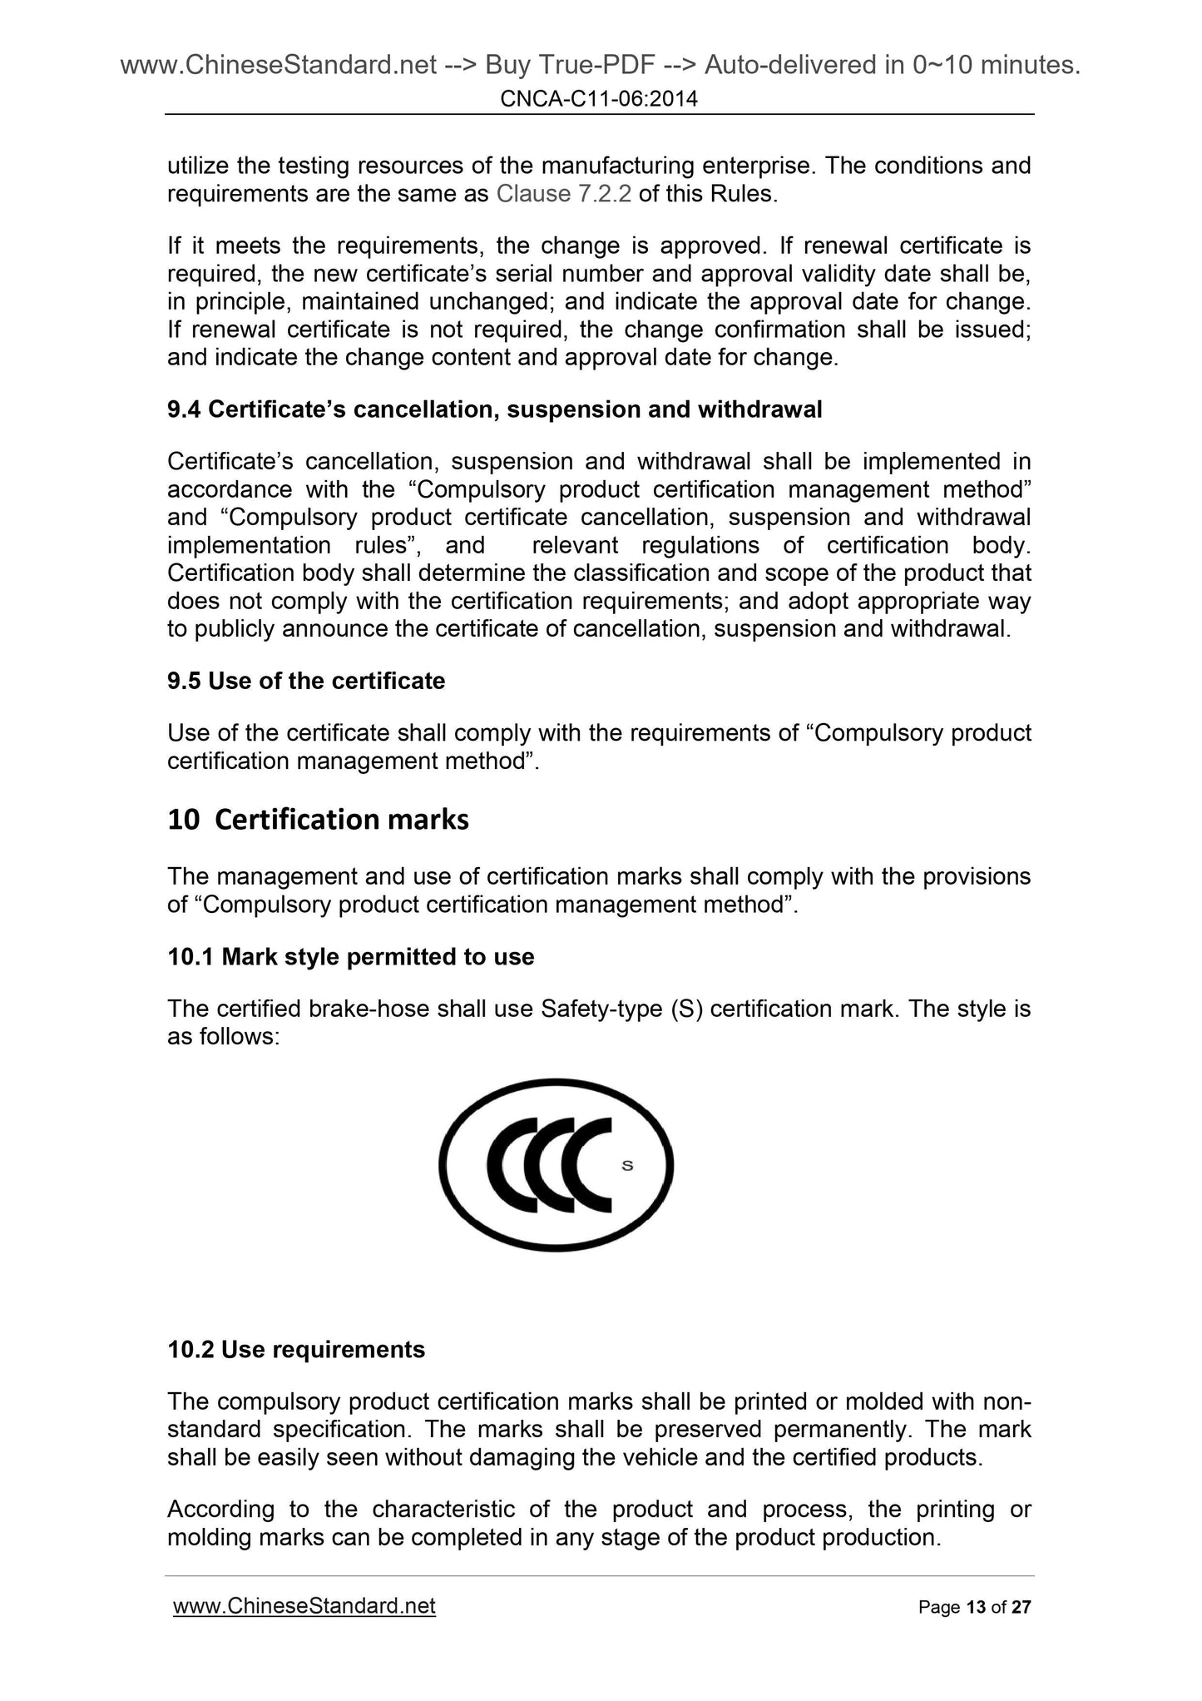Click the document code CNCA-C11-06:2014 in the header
(x=599, y=100)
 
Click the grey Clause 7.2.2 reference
(x=563, y=195)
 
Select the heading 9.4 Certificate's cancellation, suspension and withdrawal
(x=494, y=409)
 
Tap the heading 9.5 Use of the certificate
(x=306, y=681)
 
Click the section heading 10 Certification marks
(x=318, y=820)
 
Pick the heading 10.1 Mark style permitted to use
(x=350, y=957)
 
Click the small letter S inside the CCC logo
(x=627, y=1165)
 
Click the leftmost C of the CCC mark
(x=507, y=1165)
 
